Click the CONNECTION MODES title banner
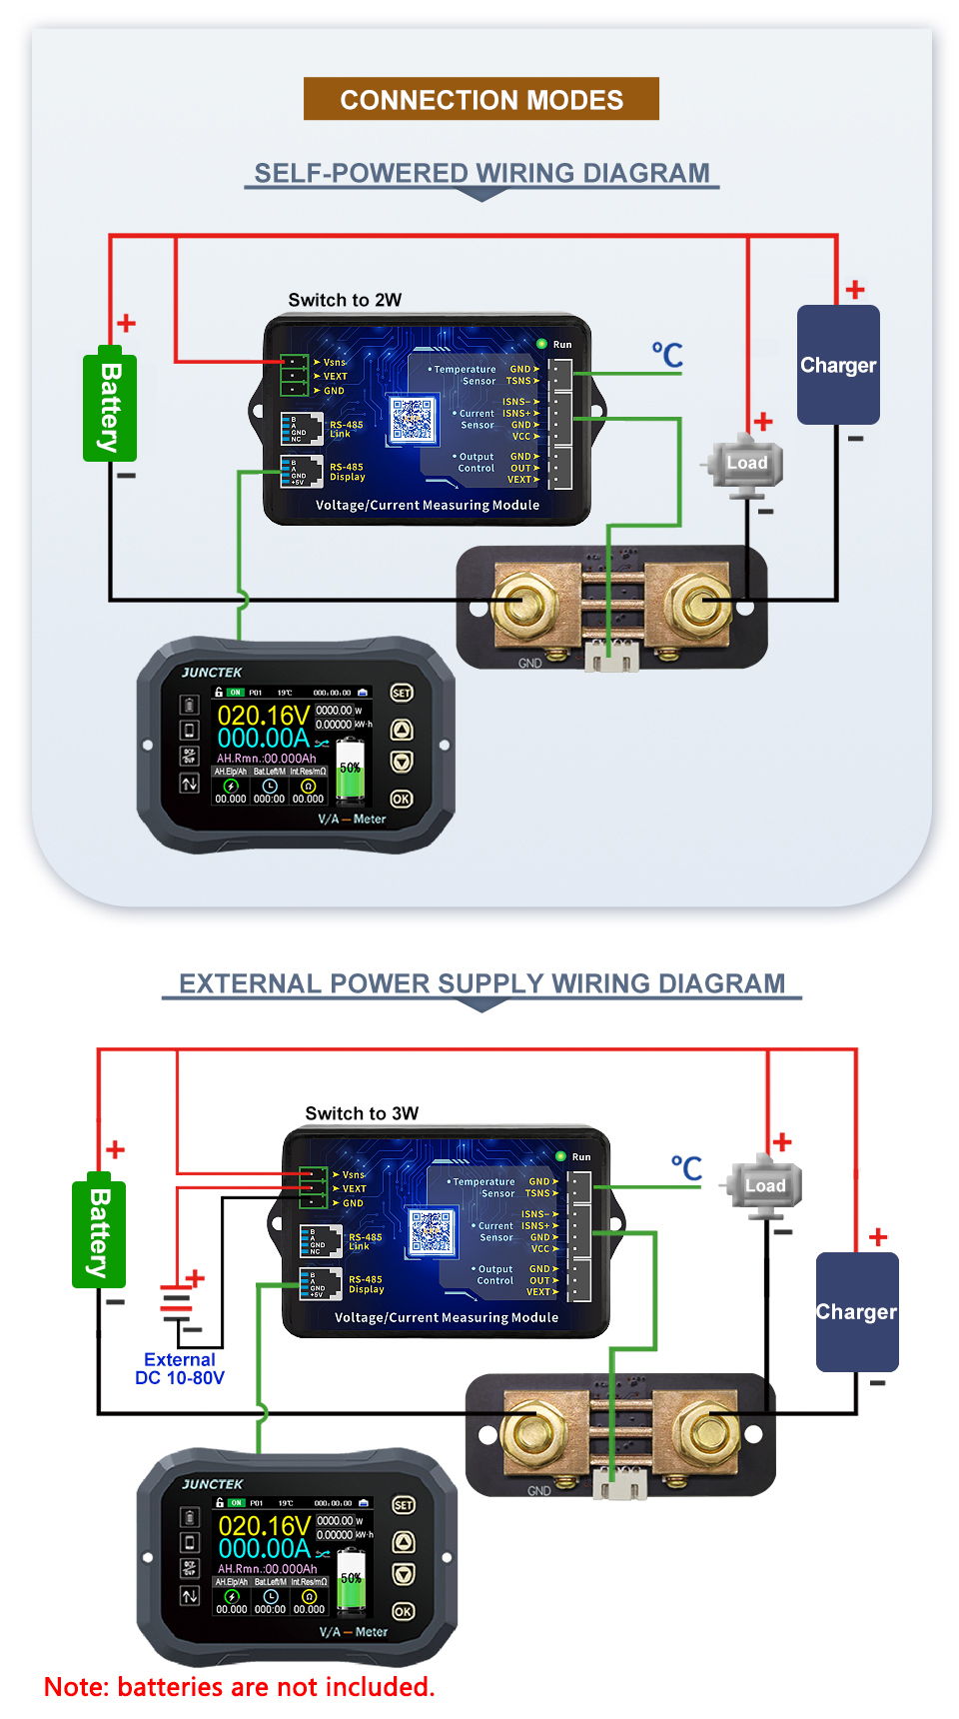click(480, 99)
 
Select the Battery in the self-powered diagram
click(110, 405)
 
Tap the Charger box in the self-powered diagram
click(838, 365)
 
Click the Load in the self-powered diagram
click(746, 463)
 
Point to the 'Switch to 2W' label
click(345, 300)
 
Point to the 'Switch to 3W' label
click(362, 1113)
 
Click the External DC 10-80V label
click(180, 1368)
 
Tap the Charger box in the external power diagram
click(856, 1311)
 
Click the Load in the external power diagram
click(765, 1186)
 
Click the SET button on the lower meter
click(404, 1505)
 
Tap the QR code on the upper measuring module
click(413, 419)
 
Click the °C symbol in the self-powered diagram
click(667, 355)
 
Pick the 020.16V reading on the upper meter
click(263, 716)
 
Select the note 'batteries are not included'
click(240, 1687)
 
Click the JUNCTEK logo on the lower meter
click(213, 1484)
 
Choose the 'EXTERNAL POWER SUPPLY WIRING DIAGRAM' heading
click(481, 983)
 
